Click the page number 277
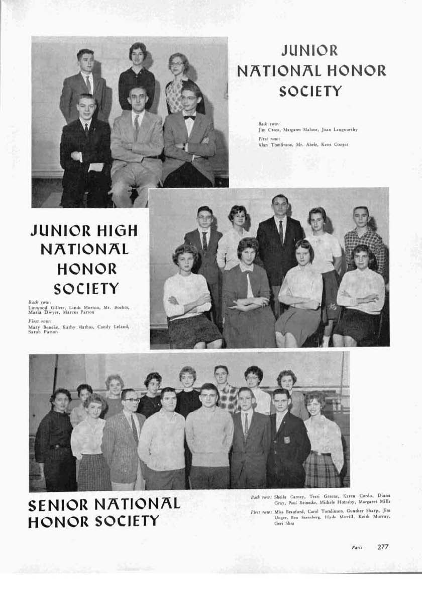[383, 547]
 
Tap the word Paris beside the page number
[357, 548]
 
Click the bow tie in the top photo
[189, 117]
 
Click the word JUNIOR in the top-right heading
[309, 51]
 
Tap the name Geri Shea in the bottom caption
[284, 524]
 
